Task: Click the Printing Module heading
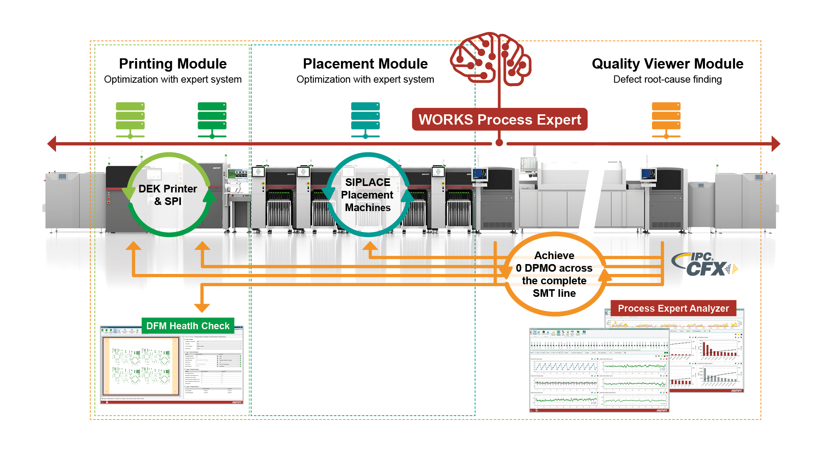coord(173,64)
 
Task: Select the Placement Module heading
coord(365,64)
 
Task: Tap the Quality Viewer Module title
coord(667,64)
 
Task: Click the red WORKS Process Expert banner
coord(499,120)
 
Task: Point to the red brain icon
coord(491,59)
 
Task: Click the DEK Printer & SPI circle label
coord(168,195)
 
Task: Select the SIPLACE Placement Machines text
coord(368,195)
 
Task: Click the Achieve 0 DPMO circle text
coord(554,274)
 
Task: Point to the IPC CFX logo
coord(705,264)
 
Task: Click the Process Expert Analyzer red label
coord(673,308)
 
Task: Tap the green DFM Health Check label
coord(188,326)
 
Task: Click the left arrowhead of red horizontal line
coord(52,144)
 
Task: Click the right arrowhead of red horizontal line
coord(776,144)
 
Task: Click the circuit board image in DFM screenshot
coord(141,366)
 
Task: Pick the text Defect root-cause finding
coord(667,79)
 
